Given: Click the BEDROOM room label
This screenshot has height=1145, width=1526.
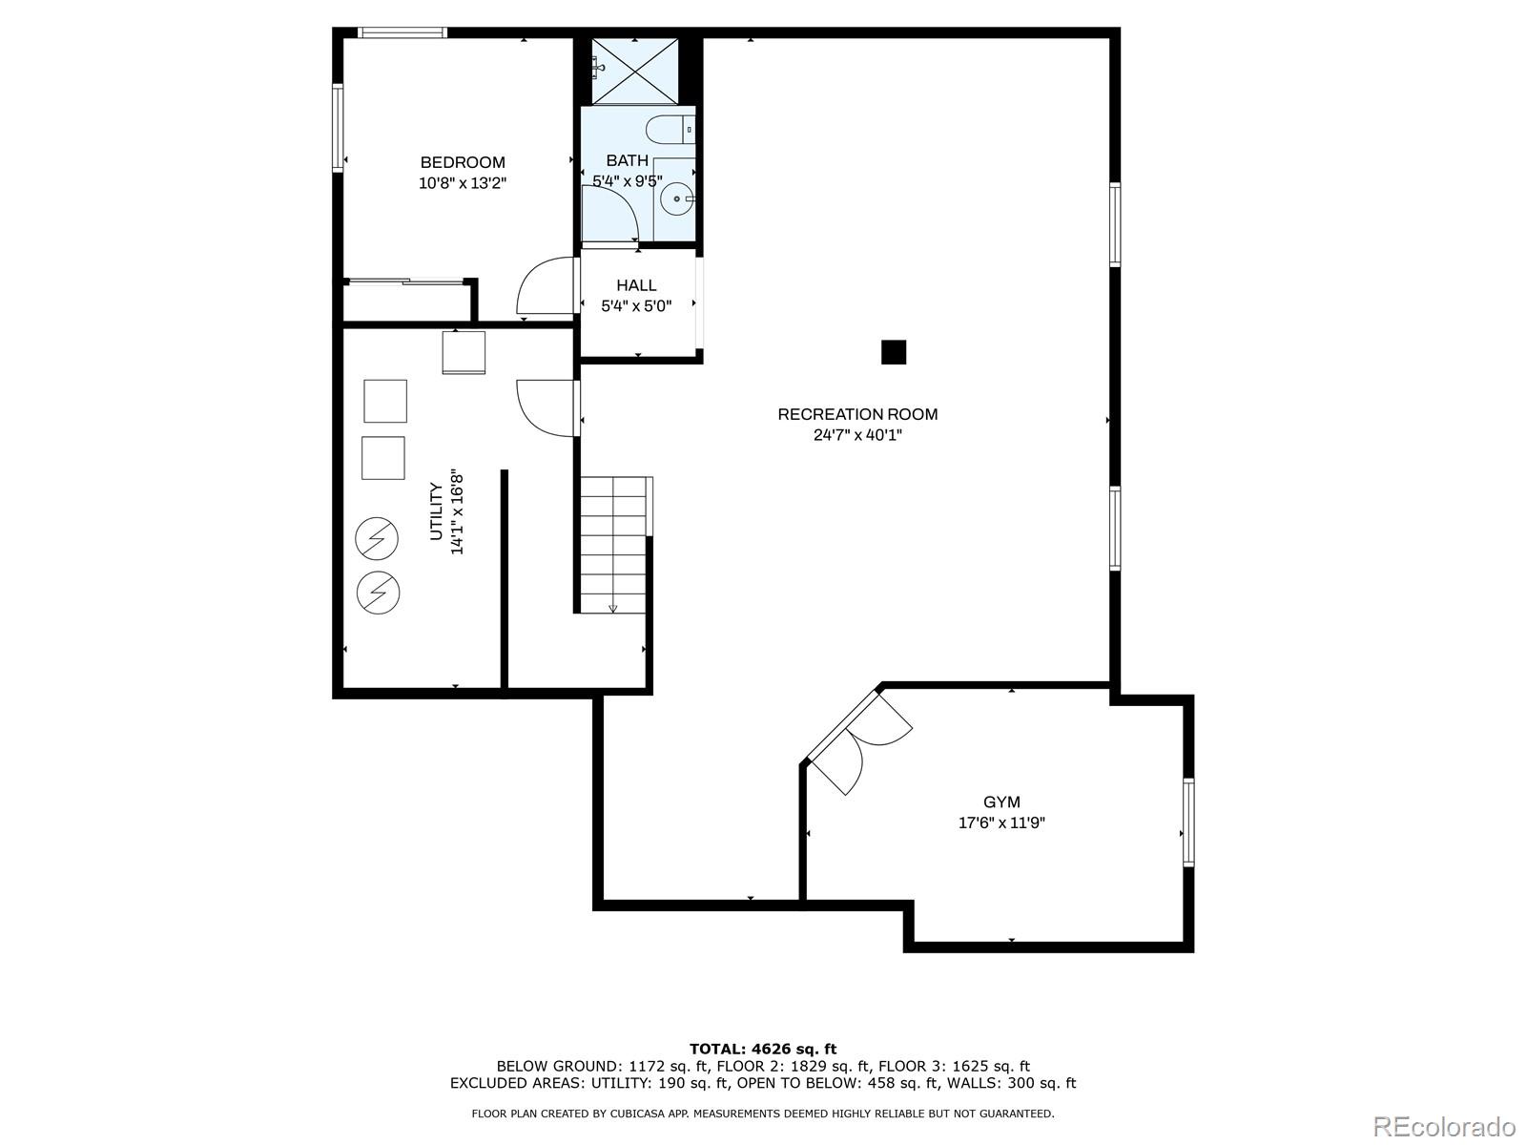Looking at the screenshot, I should [463, 162].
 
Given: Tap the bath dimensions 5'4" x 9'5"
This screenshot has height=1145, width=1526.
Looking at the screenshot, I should [627, 180].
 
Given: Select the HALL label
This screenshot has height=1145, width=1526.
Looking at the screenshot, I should [636, 285].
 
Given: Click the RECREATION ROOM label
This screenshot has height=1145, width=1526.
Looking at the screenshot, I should [857, 414].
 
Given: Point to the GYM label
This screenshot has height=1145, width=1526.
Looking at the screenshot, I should [1001, 802].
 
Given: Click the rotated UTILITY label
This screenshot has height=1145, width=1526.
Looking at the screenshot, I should [436, 512].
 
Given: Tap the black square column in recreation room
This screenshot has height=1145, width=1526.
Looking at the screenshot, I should [893, 352].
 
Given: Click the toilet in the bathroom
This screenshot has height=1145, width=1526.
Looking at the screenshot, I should [668, 128].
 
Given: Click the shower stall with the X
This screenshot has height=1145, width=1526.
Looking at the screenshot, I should [634, 72].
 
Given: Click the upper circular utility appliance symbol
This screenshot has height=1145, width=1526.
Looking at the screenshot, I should [377, 539].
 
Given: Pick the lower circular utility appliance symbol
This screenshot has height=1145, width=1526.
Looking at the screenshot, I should [378, 593].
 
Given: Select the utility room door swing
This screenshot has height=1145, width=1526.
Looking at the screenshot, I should [546, 407].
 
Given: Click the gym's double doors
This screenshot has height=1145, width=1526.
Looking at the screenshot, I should [858, 739].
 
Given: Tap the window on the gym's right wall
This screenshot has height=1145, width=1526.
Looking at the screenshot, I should [1188, 822].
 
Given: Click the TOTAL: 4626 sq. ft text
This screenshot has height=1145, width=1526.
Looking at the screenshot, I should [762, 1049].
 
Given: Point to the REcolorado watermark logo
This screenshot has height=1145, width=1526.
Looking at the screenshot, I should [1444, 1125].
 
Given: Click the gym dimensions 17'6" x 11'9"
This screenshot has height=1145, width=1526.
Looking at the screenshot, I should [1001, 823].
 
